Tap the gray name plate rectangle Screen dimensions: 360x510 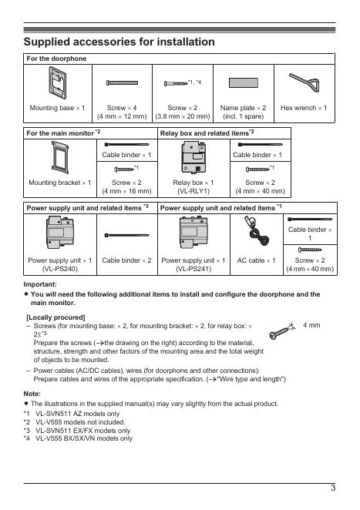pos(243,82)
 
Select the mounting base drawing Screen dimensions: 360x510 pos(57,82)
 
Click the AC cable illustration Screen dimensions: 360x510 pos(257,232)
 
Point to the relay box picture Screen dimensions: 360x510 pos(193,157)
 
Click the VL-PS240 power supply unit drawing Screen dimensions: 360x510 pos(60,232)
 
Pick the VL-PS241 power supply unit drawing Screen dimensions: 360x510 pos(193,232)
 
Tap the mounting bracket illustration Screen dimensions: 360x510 pos(60,157)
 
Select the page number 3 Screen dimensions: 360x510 pos(333,488)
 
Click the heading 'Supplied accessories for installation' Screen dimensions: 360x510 pos(119,42)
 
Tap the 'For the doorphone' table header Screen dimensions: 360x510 pos(56,59)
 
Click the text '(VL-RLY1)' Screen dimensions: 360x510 pos(193,191)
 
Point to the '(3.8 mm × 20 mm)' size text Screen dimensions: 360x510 pos(183,116)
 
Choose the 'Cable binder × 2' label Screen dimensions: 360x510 pos(126,260)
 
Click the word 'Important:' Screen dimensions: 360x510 pos(40,284)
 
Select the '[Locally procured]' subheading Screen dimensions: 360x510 pos(56,317)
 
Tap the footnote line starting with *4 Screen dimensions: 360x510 pos(78,438)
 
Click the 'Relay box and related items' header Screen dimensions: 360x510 pos(207,133)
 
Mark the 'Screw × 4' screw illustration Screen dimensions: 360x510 pos(122,82)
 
